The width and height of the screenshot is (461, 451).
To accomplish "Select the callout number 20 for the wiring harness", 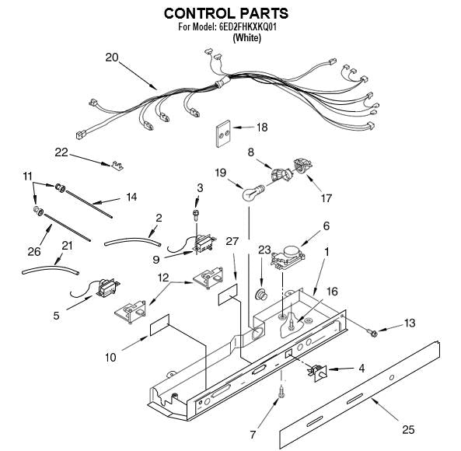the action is [x=112, y=58].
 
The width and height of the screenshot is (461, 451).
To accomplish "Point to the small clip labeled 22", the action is [x=117, y=166].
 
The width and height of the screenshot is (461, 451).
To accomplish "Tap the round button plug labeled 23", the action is [x=261, y=294].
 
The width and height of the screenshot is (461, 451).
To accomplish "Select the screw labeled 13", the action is [x=373, y=333].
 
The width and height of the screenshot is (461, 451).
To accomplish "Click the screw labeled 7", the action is [x=281, y=392].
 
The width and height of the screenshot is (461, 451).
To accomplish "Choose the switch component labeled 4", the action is [x=317, y=372].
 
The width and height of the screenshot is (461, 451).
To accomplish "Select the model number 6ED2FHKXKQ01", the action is [x=247, y=27].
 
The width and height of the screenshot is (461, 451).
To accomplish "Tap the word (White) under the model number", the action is [x=246, y=37].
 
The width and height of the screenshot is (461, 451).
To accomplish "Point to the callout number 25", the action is [x=408, y=429].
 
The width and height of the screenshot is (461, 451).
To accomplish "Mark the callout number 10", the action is [x=111, y=358].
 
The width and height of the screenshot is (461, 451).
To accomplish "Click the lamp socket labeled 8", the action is [x=281, y=175].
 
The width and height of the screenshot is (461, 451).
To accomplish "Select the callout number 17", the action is [x=326, y=198].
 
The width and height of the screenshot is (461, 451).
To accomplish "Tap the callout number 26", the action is [x=33, y=251].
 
